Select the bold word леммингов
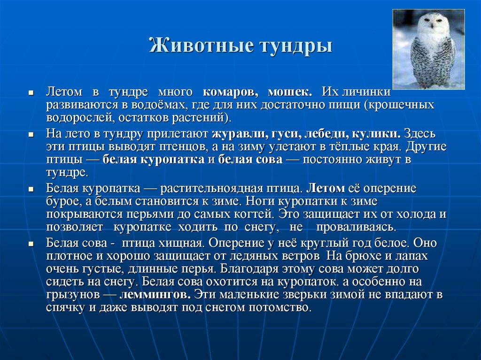[x=155, y=296]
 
